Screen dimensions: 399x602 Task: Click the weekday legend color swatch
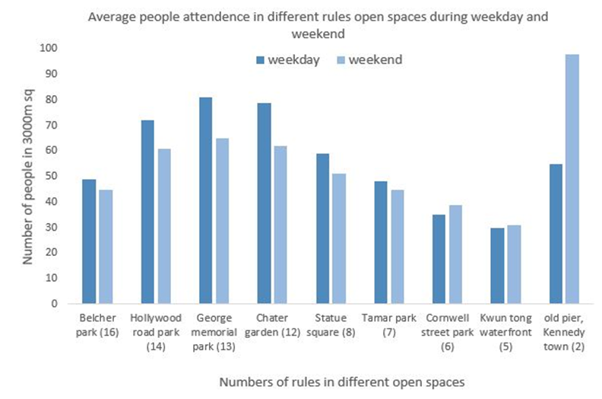tap(261, 59)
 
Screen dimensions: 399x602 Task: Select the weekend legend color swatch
tap(341, 59)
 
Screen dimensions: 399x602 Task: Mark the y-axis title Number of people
tap(28, 175)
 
